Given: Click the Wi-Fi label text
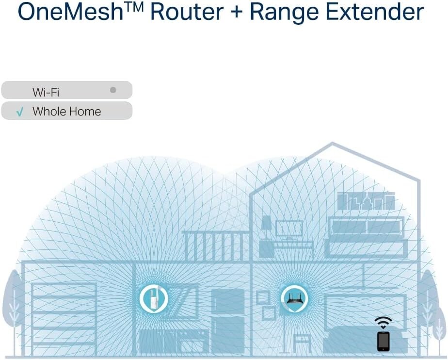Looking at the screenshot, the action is (x=46, y=91).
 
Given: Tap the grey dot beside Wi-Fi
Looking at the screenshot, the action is (x=113, y=90).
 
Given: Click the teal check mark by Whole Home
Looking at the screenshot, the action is (x=20, y=112).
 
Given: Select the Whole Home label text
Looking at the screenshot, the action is (x=66, y=112).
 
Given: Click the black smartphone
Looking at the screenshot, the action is (x=383, y=341).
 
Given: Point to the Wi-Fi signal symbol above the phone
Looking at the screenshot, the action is (x=383, y=322).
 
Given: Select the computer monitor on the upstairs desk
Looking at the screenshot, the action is (x=289, y=229).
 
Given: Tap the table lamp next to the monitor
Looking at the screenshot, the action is (x=266, y=228).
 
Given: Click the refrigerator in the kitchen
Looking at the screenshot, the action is (x=227, y=320).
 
